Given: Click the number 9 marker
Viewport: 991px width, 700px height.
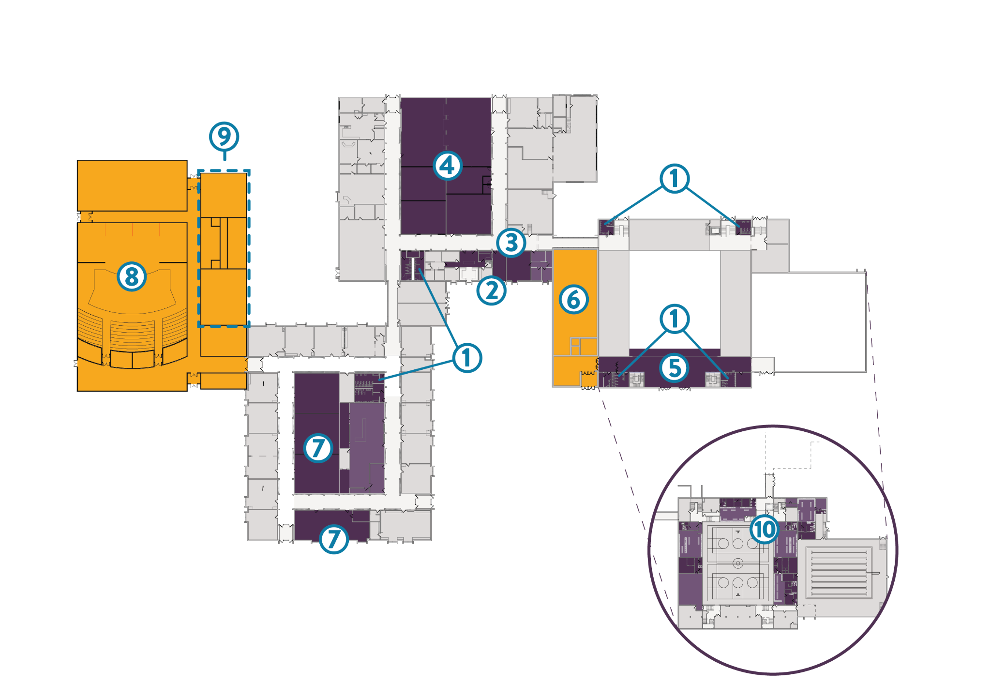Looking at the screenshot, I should click(224, 137).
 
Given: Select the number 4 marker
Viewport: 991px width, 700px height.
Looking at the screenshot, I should click(448, 166).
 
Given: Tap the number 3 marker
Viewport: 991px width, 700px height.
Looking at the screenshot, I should click(511, 243).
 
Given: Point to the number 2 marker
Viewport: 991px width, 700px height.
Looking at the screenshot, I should click(491, 290).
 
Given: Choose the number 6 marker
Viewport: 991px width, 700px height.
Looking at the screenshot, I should click(573, 299).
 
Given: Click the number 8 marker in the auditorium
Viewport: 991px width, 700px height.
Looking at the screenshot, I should click(132, 276).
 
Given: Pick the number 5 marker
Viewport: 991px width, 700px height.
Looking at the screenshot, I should click(675, 368).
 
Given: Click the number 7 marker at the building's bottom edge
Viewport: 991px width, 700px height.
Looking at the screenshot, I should click(334, 539).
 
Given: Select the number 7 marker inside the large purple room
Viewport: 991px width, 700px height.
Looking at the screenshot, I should click(318, 448).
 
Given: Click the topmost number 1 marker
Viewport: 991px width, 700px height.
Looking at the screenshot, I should click(675, 178).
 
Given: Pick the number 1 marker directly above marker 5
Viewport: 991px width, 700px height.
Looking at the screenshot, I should click(675, 319).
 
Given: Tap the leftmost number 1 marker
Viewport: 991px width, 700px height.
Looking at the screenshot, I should click(467, 358).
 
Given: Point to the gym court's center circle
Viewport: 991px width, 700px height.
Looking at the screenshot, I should click(737, 563).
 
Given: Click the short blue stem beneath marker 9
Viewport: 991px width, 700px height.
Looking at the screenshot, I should click(225, 156).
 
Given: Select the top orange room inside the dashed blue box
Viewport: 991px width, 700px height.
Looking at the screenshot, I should click(224, 195).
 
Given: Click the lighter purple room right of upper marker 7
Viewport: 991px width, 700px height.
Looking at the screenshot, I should click(367, 445).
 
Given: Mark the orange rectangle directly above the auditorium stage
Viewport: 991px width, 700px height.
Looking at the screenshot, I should click(132, 185).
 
